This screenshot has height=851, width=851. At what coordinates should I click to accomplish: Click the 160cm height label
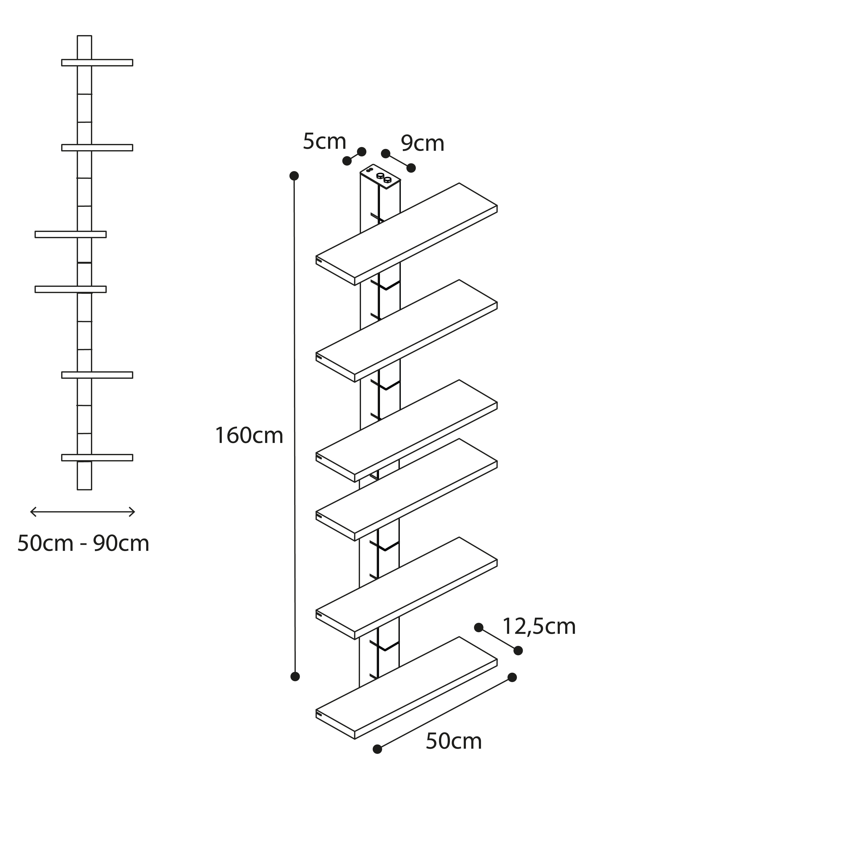[x=249, y=436]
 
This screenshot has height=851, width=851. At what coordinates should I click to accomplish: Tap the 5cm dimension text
[x=325, y=141]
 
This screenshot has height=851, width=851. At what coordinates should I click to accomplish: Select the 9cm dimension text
[x=422, y=144]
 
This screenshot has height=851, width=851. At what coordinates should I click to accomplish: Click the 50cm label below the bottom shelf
[x=454, y=741]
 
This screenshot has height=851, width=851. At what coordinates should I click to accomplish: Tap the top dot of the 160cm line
[x=294, y=176]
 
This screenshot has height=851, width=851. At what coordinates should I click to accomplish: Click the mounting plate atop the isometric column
[x=381, y=177]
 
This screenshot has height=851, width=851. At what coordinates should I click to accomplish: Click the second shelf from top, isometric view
[x=407, y=331]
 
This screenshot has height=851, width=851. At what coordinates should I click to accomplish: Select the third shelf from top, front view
[x=70, y=234]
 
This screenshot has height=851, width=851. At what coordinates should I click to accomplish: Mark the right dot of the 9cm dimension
[x=411, y=168]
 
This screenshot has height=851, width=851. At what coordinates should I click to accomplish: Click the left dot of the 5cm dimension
[x=347, y=161]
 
